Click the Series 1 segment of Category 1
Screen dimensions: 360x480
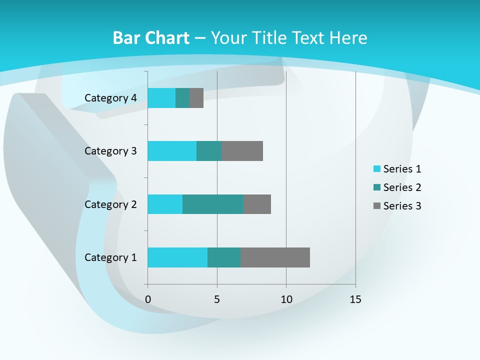point(177,257)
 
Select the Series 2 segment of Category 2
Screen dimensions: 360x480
point(213,204)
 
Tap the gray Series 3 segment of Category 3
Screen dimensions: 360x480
point(242,151)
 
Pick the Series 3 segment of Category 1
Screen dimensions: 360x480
point(275,257)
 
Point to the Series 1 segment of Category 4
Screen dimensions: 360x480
point(161,98)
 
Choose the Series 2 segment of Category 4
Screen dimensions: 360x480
point(182,98)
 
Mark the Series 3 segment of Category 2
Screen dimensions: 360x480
point(257,204)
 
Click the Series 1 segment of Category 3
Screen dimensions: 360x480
point(172,151)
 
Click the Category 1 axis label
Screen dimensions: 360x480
point(110,257)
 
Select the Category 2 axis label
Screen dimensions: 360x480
point(110,204)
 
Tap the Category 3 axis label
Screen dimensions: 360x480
point(110,151)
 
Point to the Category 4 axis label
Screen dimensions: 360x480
point(110,98)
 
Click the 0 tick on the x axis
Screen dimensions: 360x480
point(148,299)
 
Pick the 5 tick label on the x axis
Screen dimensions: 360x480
point(217,299)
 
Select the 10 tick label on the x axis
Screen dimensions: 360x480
point(286,299)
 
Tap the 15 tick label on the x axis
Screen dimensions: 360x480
point(355,299)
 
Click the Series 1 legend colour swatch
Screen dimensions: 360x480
point(376,169)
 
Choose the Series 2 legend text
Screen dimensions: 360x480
point(402,187)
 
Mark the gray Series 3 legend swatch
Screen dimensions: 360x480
point(376,206)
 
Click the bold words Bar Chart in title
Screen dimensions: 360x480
point(150,38)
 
